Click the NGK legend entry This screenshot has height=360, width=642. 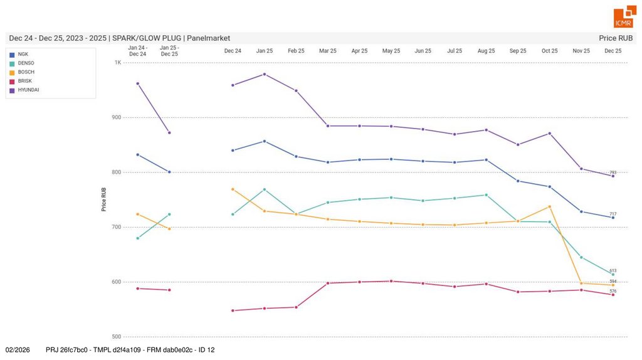[x=23, y=55]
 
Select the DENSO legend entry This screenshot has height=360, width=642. [x=26, y=63]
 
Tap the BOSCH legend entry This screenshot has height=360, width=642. [x=26, y=72]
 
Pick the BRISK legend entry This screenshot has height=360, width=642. [x=24, y=81]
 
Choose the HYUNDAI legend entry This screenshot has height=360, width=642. [x=28, y=90]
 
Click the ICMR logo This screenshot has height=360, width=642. [x=624, y=18]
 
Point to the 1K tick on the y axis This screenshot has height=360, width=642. [x=118, y=63]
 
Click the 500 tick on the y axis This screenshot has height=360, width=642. [x=117, y=337]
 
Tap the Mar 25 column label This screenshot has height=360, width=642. [x=328, y=51]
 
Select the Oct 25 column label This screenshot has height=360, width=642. [x=550, y=51]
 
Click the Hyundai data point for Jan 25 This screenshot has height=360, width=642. [x=265, y=74]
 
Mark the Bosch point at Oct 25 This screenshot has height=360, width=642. [x=550, y=206]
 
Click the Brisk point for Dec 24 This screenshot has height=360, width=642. [x=233, y=310]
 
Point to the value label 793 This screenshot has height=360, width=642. [x=613, y=172]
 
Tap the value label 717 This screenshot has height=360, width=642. [x=613, y=214]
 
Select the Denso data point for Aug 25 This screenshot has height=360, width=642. [x=487, y=195]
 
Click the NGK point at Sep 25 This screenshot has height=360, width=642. [x=518, y=181]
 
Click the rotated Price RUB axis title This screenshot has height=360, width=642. [x=104, y=199]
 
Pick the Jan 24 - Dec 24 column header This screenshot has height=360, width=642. [x=137, y=51]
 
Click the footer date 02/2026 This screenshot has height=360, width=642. [x=18, y=349]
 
